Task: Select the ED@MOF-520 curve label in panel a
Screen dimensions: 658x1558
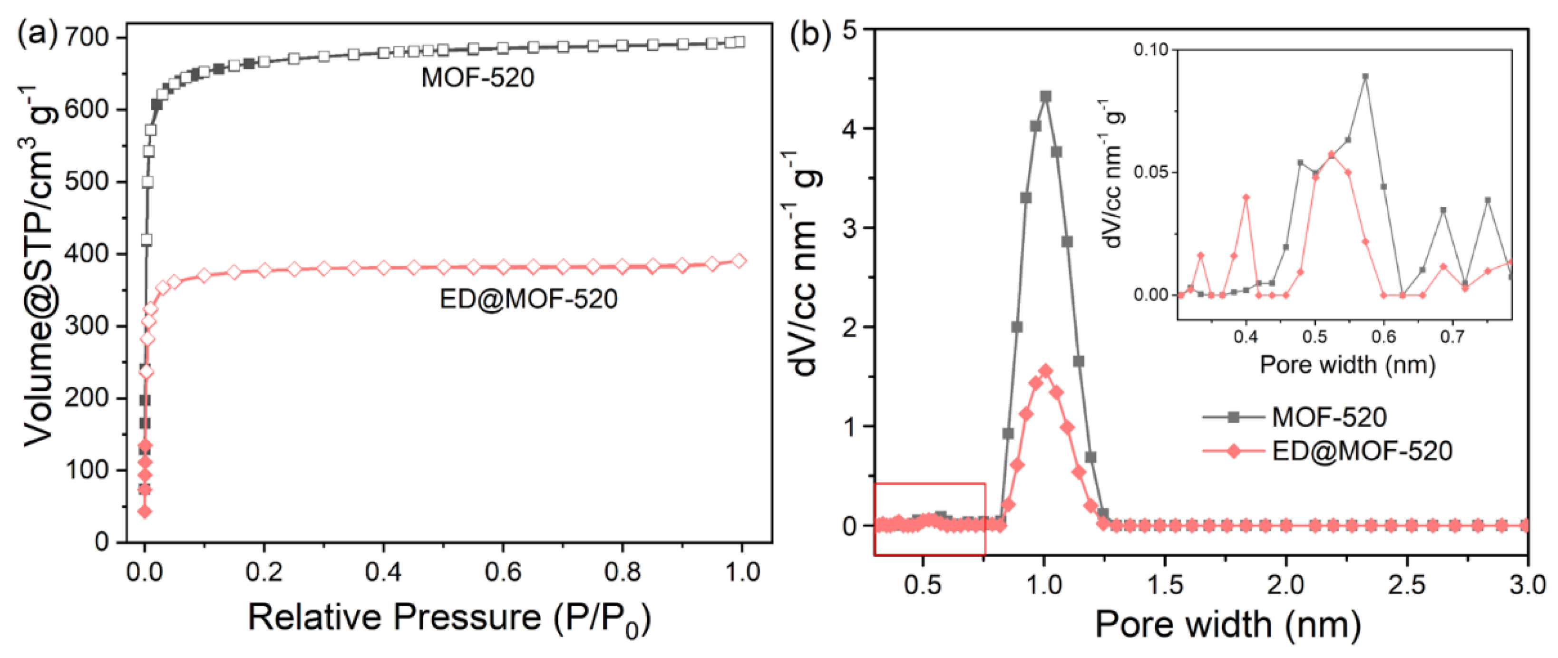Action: (x=528, y=299)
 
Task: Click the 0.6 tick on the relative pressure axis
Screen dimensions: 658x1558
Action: (x=503, y=571)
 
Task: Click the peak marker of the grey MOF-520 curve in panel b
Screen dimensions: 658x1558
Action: (x=1045, y=97)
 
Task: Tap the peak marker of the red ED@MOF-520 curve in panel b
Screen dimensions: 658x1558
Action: (x=1045, y=371)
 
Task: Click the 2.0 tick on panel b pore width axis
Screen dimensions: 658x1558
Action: (x=1286, y=585)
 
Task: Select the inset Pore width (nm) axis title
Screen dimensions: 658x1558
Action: (x=1347, y=365)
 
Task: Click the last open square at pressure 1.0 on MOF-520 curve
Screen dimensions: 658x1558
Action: (x=739, y=42)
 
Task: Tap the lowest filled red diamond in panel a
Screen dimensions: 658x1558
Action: (x=144, y=512)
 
